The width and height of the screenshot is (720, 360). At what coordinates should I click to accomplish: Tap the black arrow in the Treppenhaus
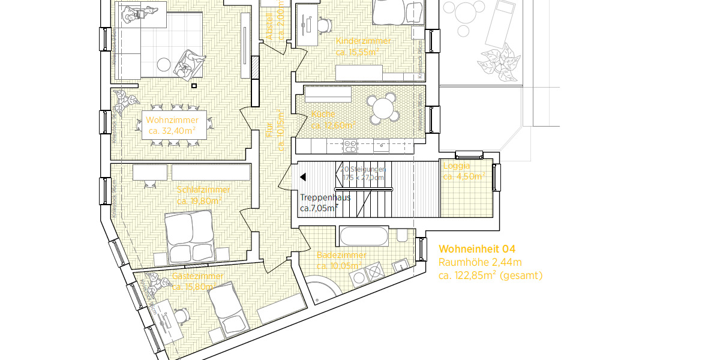tap(303, 177)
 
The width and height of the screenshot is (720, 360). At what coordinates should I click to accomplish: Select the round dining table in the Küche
tap(383, 109)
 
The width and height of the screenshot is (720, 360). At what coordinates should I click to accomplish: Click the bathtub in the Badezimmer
tap(364, 236)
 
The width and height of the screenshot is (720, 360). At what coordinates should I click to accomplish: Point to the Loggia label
tap(457, 166)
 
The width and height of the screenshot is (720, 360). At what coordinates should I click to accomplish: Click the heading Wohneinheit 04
tap(477, 249)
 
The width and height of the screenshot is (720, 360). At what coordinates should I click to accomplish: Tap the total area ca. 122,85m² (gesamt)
tap(490, 275)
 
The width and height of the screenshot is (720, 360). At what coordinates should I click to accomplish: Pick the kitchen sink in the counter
tap(381, 145)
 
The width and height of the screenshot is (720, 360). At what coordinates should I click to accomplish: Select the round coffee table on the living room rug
tap(164, 64)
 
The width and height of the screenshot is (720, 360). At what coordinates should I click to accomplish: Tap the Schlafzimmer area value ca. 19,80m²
tap(199, 200)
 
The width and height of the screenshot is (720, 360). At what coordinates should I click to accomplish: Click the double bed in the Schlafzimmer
tap(190, 238)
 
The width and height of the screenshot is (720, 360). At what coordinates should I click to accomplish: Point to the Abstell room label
tap(269, 27)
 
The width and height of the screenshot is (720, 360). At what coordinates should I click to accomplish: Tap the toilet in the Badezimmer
tap(401, 235)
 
